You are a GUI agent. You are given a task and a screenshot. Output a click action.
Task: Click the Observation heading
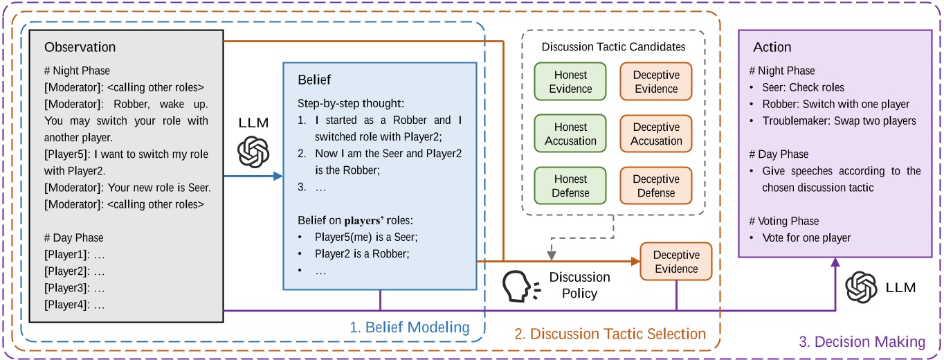(80, 48)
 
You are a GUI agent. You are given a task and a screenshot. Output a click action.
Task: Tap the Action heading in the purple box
(772, 47)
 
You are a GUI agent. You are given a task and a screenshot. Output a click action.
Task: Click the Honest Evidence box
(570, 82)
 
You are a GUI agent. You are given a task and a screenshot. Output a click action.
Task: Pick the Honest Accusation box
(570, 134)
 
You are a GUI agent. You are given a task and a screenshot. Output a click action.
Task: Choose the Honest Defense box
(570, 186)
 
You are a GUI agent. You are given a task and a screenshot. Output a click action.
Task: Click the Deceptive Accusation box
(655, 134)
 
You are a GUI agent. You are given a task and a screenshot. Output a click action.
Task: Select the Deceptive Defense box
(655, 186)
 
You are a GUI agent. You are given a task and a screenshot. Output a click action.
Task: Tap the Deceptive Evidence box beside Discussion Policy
(675, 262)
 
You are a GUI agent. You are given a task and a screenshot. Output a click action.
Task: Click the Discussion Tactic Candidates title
(613, 47)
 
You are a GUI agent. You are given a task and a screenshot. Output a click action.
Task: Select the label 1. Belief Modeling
(409, 327)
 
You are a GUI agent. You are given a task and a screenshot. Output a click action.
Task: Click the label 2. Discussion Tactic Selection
(610, 334)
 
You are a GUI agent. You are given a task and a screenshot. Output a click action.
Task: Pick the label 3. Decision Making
(862, 341)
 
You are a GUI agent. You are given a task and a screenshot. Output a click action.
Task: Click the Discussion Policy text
(579, 285)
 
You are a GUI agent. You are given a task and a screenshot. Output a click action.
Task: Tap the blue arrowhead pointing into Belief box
(278, 176)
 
